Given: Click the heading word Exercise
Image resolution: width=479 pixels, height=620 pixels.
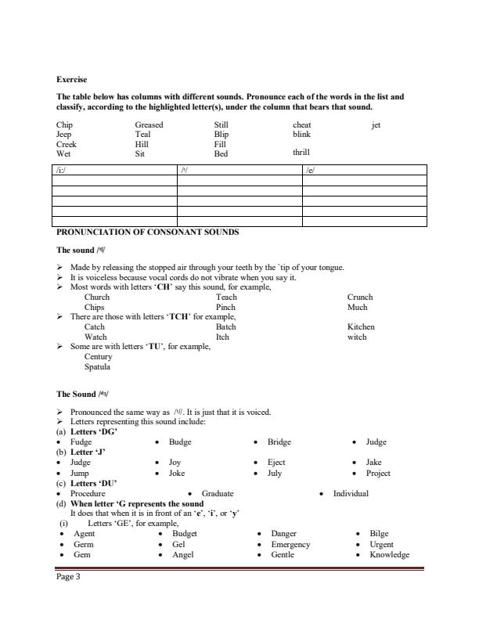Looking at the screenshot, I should [72, 79].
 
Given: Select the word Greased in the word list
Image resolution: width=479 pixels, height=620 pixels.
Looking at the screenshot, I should [149, 124].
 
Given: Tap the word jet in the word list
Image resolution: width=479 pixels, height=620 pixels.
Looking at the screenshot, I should [376, 124].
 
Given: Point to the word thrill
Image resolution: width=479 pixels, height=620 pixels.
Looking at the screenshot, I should [301, 153].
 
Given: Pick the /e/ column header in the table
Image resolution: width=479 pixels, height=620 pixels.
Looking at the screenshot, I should [311, 170].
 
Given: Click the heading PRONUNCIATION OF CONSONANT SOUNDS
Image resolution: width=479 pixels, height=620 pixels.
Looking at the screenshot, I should [147, 232].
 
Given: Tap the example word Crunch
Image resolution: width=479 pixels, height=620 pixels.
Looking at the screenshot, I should [360, 297].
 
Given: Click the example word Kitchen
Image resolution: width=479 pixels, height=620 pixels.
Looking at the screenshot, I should [361, 326].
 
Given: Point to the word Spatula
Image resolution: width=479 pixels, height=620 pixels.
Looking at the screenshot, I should [97, 366].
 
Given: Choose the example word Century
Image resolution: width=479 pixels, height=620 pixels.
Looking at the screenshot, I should [98, 356].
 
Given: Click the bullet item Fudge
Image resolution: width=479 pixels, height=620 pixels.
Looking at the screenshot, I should [81, 442].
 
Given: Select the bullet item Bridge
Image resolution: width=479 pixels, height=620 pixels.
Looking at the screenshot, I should [279, 442].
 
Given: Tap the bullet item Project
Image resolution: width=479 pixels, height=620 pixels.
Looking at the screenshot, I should [378, 473].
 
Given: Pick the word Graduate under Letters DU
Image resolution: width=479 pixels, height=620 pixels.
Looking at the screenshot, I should [218, 493].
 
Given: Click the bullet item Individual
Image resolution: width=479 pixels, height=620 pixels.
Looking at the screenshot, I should [351, 493].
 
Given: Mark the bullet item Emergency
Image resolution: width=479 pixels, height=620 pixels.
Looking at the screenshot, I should [290, 544].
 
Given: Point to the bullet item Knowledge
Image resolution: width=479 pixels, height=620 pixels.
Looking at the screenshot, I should [389, 554].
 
